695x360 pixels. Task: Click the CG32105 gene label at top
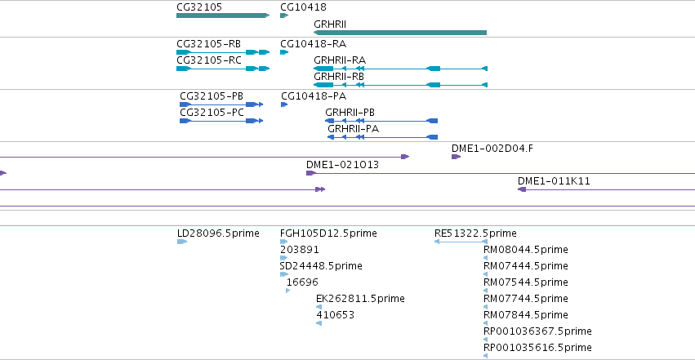pyautogui.click(x=199, y=7)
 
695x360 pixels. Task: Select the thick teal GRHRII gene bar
pyautogui.click(x=400, y=33)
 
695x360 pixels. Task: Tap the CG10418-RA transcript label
pyautogui.click(x=313, y=44)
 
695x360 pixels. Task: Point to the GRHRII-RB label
pyautogui.click(x=339, y=77)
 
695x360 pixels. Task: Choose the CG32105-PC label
pyautogui.click(x=212, y=113)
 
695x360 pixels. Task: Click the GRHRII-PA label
pyautogui.click(x=354, y=129)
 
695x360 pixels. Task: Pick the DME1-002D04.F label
pyautogui.click(x=492, y=149)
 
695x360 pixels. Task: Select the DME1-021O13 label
pyautogui.click(x=342, y=165)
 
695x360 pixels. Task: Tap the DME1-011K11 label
pyautogui.click(x=554, y=181)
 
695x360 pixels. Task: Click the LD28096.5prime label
pyautogui.click(x=218, y=233)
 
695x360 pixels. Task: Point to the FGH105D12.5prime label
pyautogui.click(x=328, y=233)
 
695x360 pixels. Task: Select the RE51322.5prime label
pyautogui.click(x=475, y=233)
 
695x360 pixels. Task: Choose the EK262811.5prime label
pyautogui.click(x=360, y=299)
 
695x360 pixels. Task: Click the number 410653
pyautogui.click(x=335, y=315)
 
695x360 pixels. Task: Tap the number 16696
pyautogui.click(x=302, y=282)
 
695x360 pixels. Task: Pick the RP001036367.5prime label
pyautogui.click(x=537, y=331)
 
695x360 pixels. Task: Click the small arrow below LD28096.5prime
pyautogui.click(x=182, y=242)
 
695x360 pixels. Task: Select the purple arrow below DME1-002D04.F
pyautogui.click(x=456, y=157)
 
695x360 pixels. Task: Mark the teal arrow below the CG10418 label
pyautogui.click(x=284, y=16)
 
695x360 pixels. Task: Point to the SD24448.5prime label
pyautogui.click(x=321, y=266)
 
